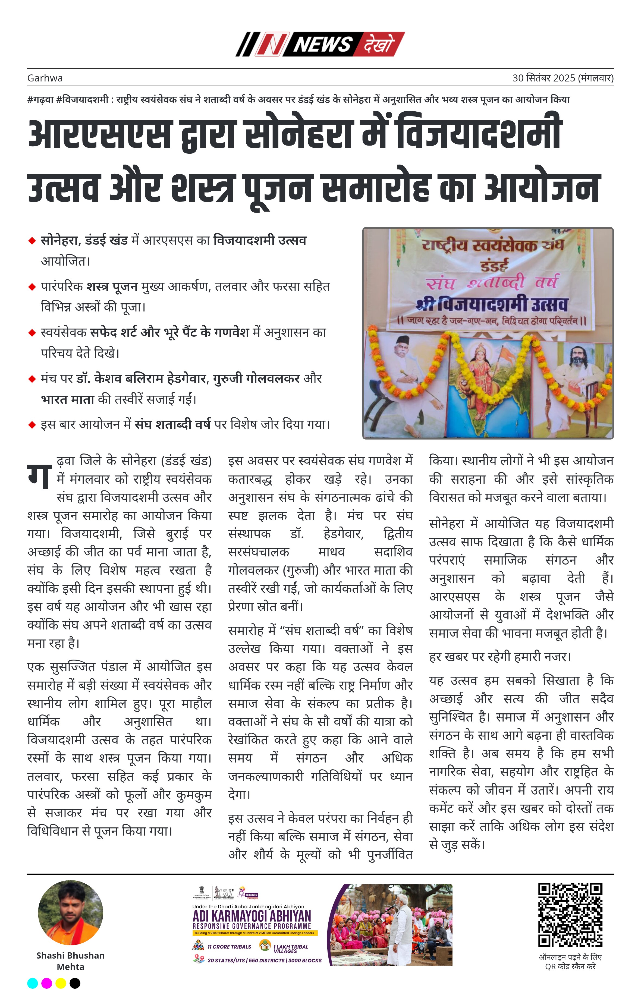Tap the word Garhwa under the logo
[45, 78]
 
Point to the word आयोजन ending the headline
[542, 187]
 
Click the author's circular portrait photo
[70, 913]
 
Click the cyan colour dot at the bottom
[32, 983]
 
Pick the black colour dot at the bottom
[75, 983]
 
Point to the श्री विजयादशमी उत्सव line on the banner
[492, 305]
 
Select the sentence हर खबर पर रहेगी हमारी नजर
[500, 657]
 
